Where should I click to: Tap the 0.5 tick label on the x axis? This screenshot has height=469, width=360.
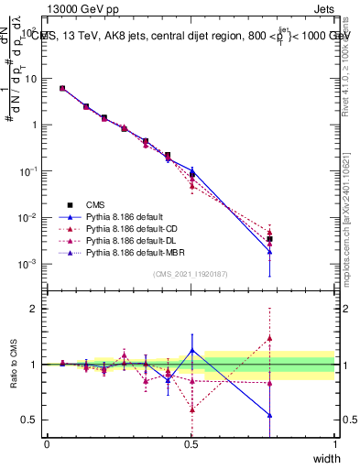coord(191,443)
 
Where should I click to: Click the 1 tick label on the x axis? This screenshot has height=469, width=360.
coord(334,443)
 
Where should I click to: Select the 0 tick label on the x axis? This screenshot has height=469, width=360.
coord(47,443)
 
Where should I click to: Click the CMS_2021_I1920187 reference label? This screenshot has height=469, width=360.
coord(191,274)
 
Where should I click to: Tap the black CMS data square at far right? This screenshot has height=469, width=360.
coord(269,239)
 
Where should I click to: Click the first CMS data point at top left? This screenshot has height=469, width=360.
coord(62,89)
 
